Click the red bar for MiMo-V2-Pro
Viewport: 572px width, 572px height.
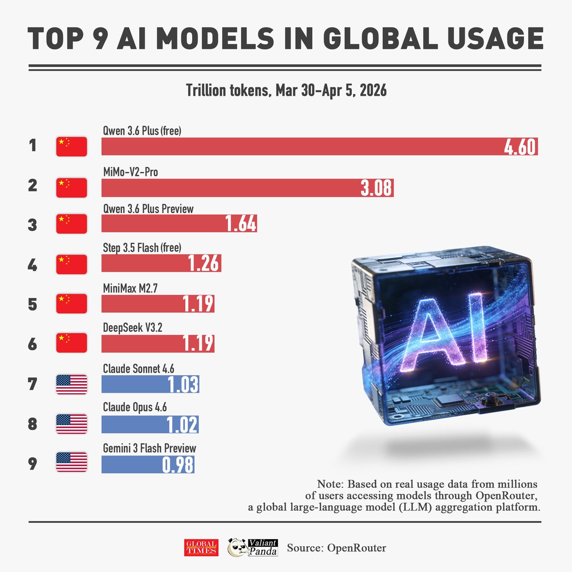pyautogui.click(x=229, y=188)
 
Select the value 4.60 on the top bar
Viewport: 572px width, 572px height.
pyautogui.click(x=520, y=147)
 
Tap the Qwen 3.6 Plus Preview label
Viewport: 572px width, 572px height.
pyautogui.click(x=148, y=209)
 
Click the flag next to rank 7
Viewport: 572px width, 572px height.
pyautogui.click(x=71, y=384)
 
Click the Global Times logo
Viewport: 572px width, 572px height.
pyautogui.click(x=201, y=548)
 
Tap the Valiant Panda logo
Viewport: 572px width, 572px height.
pyautogui.click(x=253, y=547)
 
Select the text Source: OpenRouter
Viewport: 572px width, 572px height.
pyautogui.click(x=337, y=548)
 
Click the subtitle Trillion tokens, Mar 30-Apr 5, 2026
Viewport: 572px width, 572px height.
pyautogui.click(x=286, y=90)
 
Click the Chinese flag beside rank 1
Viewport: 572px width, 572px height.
pyautogui.click(x=71, y=146)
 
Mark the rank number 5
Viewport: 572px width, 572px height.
pyautogui.click(x=32, y=304)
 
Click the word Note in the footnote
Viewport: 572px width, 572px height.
pyautogui.click(x=329, y=484)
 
